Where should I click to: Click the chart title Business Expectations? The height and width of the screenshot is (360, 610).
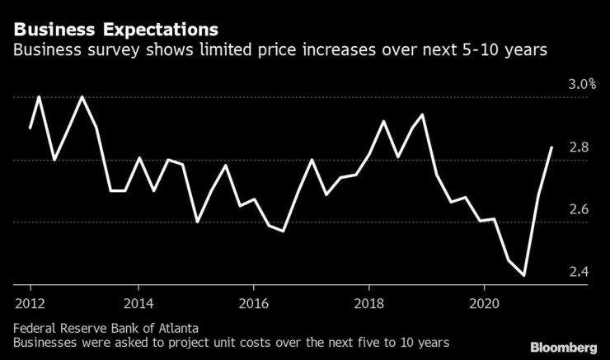point(116,30)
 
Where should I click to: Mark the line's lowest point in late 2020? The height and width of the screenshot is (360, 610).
point(523,275)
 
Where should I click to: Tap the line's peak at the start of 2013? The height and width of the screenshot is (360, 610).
point(82,97)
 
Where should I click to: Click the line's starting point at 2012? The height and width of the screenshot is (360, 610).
point(30,128)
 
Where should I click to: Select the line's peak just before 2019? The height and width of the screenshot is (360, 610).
point(422,115)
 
